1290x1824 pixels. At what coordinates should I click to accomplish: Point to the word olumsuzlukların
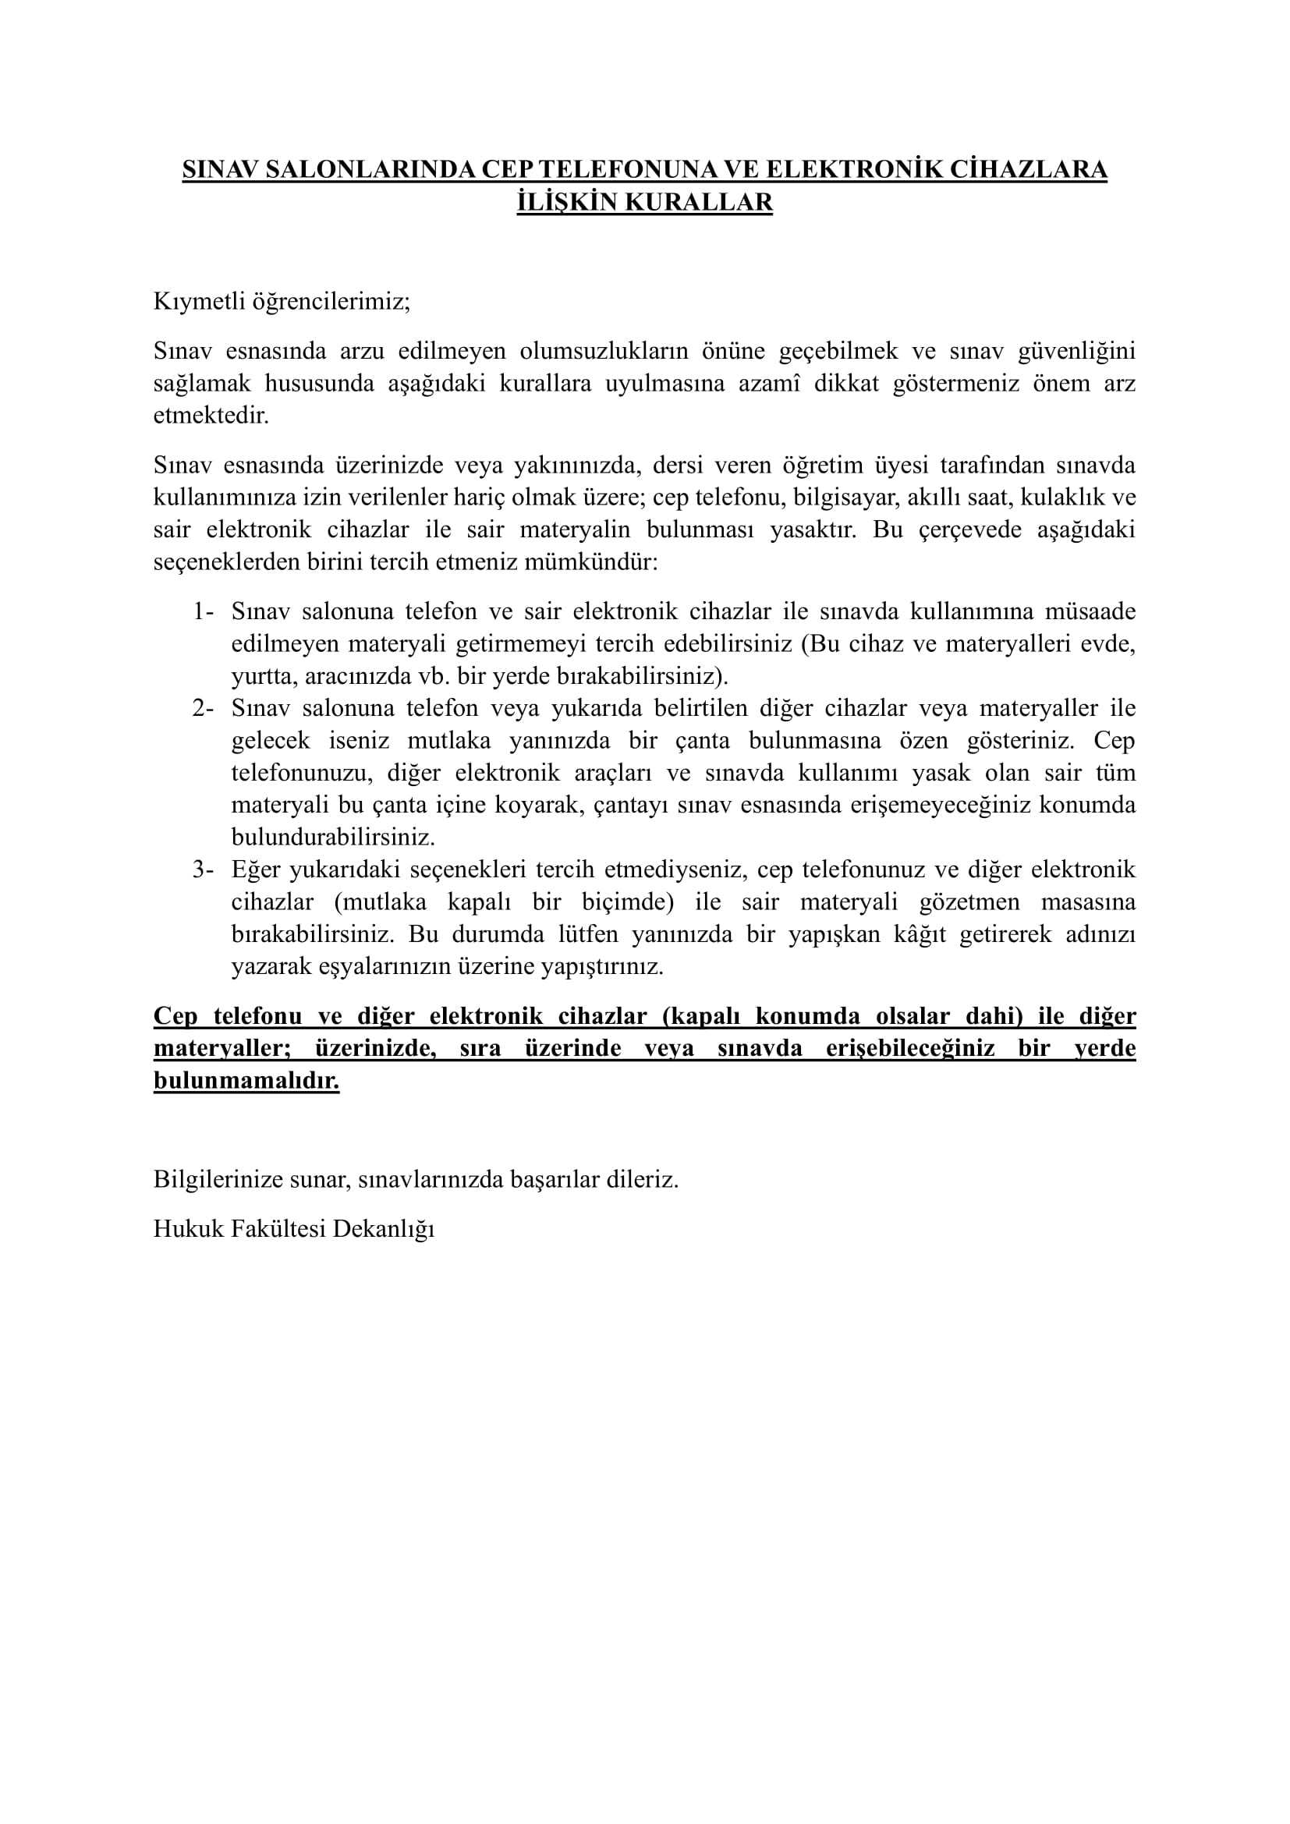pyautogui.click(x=604, y=350)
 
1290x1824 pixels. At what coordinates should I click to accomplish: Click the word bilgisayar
pyautogui.click(x=837, y=498)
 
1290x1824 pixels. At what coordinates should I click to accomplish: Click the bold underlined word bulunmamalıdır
pyautogui.click(x=246, y=1081)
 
